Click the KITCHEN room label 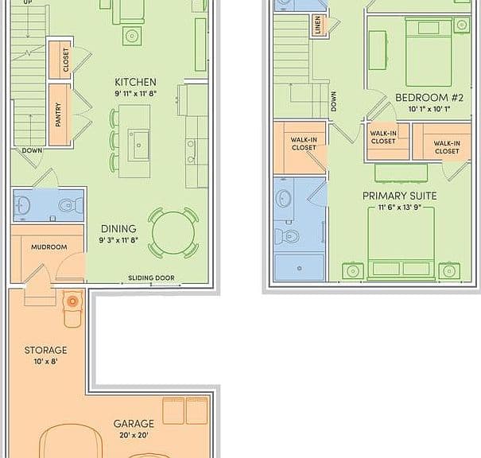point(135,82)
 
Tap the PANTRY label point(58,114)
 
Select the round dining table point(173,232)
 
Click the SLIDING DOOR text point(151,278)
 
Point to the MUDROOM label point(49,247)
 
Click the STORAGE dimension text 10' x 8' point(45,361)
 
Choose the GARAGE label point(134,424)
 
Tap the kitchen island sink point(138,145)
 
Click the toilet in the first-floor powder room point(71,205)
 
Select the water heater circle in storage point(72,301)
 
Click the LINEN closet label point(317,25)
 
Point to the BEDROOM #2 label point(429,98)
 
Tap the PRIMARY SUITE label point(400,196)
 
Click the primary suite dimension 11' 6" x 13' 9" point(400,208)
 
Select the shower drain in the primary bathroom point(300,268)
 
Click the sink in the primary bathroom point(283,198)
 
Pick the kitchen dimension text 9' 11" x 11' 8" point(136,94)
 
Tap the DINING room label point(118,229)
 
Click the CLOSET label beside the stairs point(66,60)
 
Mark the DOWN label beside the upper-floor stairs point(334,101)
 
